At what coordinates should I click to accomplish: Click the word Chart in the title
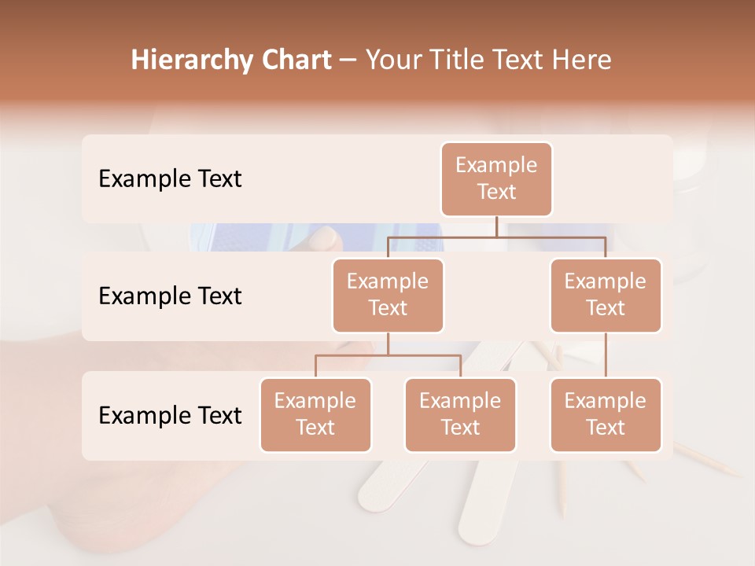[295, 60]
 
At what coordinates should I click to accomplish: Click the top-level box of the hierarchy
[496, 179]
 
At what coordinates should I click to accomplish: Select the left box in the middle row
[388, 296]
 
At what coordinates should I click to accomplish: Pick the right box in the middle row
[606, 296]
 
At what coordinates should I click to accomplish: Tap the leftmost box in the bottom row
[315, 415]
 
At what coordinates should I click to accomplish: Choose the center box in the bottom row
[460, 415]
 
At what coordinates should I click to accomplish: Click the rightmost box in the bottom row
[606, 415]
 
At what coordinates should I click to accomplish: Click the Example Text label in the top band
[170, 179]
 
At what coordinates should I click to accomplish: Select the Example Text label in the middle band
[170, 296]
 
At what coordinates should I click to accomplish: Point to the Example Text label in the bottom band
[170, 416]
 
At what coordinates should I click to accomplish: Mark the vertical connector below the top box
[496, 226]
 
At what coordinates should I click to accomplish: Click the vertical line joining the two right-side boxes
[606, 355]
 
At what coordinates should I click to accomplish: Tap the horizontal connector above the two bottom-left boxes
[388, 355]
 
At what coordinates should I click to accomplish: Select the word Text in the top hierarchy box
[496, 192]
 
